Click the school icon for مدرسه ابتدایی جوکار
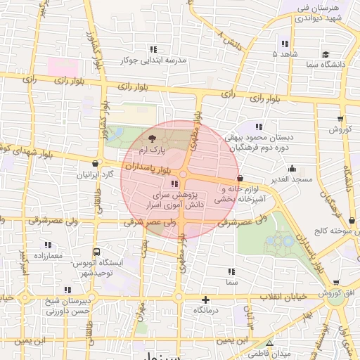point(153,49)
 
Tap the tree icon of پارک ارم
point(153,138)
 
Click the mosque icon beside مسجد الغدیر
point(292,169)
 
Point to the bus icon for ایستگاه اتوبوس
point(96,251)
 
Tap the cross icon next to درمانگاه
point(205,299)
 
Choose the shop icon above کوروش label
point(340,118)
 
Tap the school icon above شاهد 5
point(284,43)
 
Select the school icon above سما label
point(231,271)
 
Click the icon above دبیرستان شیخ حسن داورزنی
point(67,289)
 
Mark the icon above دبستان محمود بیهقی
point(259,127)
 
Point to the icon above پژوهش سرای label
point(174,184)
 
